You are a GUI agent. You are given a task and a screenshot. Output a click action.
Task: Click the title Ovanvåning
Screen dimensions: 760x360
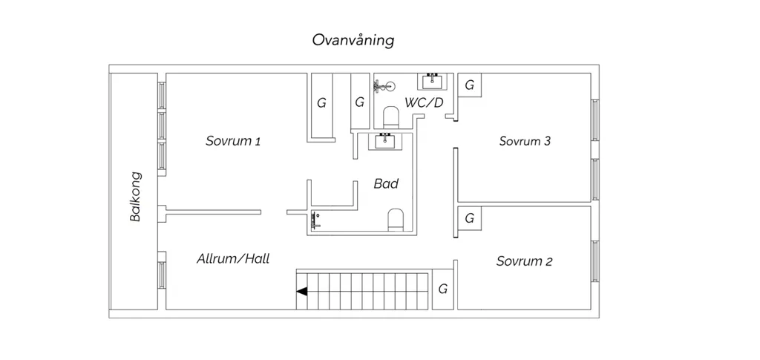[353, 40]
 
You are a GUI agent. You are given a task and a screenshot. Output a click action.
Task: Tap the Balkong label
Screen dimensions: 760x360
[136, 197]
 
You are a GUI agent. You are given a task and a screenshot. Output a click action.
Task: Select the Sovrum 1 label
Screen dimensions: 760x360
[233, 142]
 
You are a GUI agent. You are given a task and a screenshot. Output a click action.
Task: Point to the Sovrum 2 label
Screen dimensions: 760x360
[524, 261]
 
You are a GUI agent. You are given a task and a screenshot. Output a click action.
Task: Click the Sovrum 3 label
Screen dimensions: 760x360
[525, 142]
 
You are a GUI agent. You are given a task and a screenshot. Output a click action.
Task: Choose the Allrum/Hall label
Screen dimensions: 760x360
[232, 259]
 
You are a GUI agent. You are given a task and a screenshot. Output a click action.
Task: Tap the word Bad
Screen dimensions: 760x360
[386, 183]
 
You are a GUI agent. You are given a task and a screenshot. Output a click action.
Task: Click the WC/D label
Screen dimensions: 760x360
[424, 102]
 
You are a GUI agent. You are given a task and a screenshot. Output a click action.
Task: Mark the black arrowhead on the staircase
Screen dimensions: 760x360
[302, 291]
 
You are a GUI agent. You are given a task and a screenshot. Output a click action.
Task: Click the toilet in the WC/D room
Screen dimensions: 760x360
[390, 117]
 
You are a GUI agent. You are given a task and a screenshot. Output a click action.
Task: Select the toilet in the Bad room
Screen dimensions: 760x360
[396, 220]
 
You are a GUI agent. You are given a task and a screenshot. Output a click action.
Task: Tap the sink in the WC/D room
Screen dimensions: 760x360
[433, 81]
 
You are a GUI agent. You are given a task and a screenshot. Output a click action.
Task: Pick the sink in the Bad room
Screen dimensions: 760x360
[386, 141]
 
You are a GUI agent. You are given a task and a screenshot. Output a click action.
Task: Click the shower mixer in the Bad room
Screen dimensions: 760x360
[316, 220]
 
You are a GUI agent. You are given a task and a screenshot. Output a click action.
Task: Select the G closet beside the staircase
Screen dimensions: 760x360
[442, 289]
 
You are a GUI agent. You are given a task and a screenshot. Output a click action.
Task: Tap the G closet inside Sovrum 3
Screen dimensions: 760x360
[469, 85]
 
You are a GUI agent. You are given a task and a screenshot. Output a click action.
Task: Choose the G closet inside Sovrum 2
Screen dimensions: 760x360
[469, 218]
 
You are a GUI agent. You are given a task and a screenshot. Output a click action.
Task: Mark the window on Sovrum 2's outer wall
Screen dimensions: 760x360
[594, 261]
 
